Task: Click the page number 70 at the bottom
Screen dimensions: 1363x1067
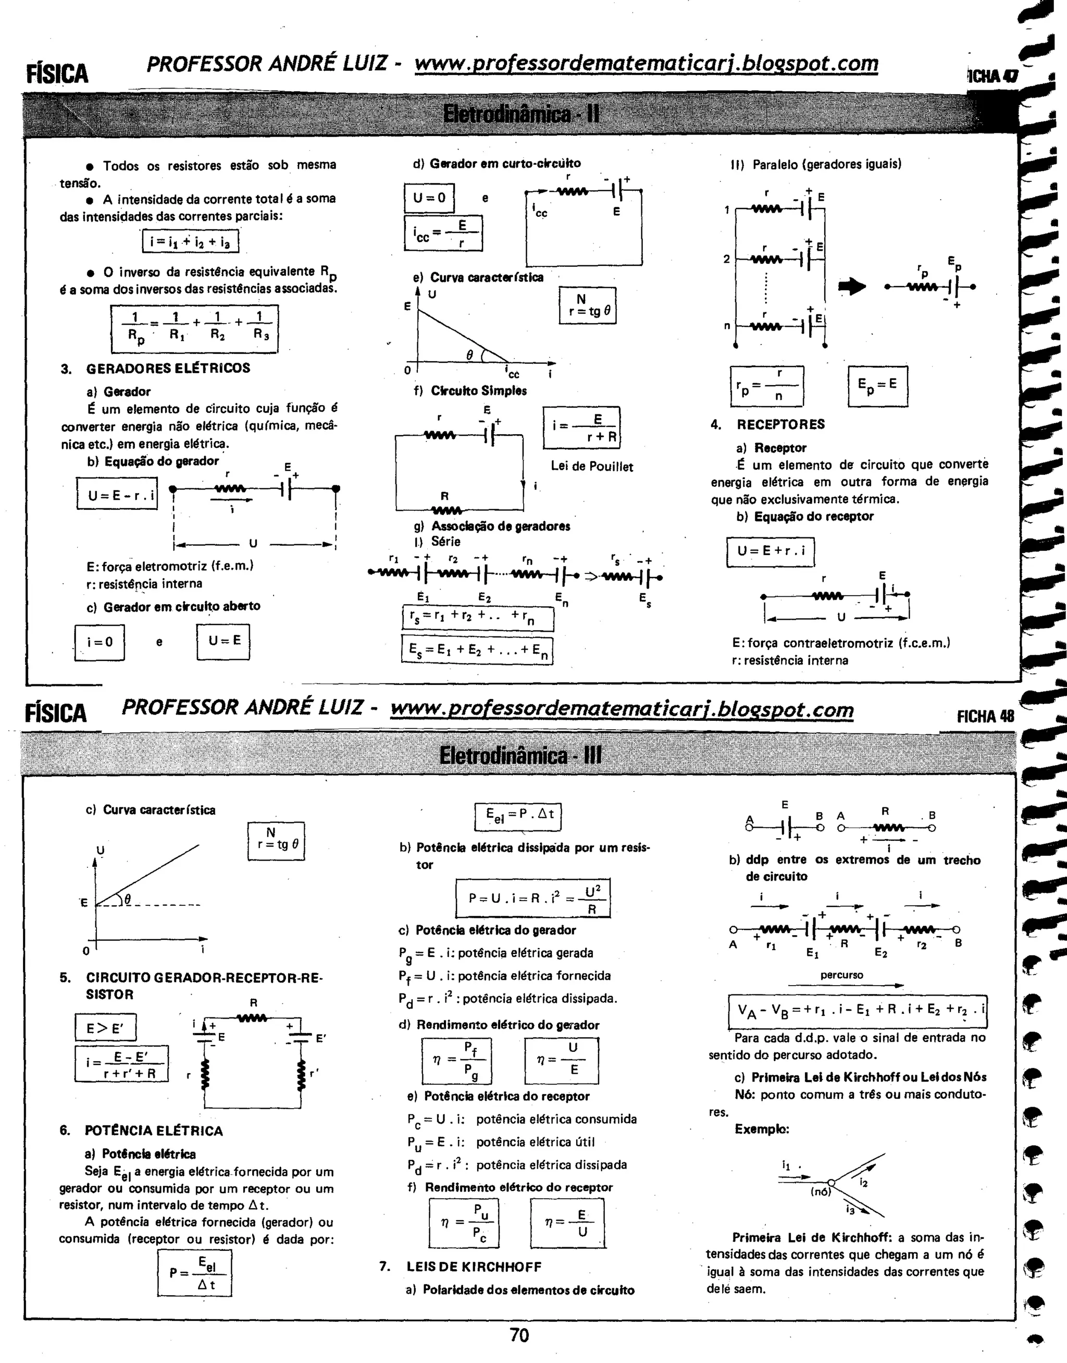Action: (519, 1335)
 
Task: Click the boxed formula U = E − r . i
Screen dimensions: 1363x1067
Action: (117, 496)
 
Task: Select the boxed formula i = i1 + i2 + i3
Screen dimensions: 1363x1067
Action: (191, 241)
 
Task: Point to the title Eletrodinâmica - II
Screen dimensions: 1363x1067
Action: (521, 114)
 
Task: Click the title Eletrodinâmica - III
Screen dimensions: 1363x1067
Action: (520, 756)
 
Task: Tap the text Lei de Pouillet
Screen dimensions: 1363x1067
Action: (592, 467)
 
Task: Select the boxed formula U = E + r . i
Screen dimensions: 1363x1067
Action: (770, 552)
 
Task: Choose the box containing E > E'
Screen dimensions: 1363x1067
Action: (105, 1028)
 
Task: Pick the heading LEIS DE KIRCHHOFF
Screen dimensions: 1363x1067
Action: (474, 1267)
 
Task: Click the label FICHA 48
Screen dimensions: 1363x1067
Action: (985, 716)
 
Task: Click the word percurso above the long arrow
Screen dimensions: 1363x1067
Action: (841, 975)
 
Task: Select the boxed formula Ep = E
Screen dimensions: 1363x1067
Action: (878, 385)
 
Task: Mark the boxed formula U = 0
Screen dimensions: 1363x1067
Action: (429, 198)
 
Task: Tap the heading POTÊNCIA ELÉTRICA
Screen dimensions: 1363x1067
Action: (154, 1131)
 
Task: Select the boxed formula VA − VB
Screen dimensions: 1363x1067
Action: (858, 1012)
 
